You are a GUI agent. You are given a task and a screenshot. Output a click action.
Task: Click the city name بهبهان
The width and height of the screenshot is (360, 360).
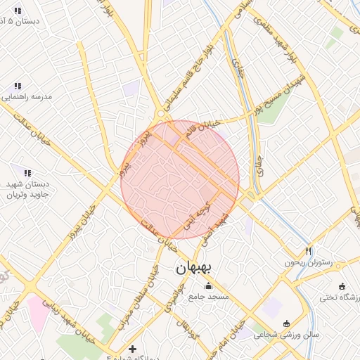[x=194, y=268]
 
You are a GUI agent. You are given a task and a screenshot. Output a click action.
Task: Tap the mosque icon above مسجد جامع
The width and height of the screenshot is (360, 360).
[x=207, y=286]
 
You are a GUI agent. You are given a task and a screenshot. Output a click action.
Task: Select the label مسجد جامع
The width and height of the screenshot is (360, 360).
[x=209, y=297]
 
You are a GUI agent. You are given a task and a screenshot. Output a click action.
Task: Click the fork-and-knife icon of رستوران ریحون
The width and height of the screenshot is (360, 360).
[x=308, y=251]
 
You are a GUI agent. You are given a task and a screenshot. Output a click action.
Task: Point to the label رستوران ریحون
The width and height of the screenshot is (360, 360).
[x=307, y=262]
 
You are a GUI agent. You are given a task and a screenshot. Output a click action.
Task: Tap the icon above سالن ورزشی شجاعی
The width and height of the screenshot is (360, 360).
[x=286, y=323]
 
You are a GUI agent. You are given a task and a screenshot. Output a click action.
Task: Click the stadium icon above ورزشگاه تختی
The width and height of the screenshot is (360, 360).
[x=342, y=287]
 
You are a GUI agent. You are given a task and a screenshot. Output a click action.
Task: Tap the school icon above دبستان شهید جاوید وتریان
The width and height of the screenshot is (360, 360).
[x=27, y=172]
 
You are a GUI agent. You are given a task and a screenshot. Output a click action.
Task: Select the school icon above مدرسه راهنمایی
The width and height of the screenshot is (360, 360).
[x=17, y=86]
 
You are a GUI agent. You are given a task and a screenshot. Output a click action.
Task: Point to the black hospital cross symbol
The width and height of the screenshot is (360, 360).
[x=132, y=349]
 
